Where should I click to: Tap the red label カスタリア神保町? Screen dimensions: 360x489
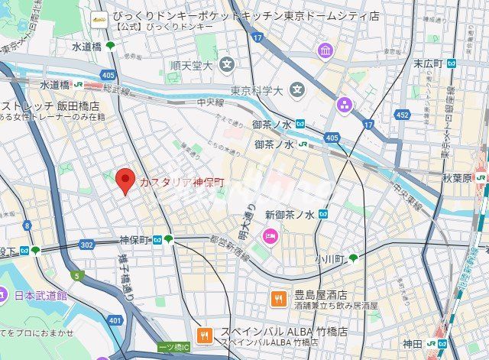point(182,182)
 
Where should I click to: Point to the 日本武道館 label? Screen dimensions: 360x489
point(40,295)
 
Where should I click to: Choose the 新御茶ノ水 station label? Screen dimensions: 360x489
point(290,215)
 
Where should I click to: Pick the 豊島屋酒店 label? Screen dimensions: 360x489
point(321,295)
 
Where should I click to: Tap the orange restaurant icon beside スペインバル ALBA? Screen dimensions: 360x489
point(204,334)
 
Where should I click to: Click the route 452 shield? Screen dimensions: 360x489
point(402,115)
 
